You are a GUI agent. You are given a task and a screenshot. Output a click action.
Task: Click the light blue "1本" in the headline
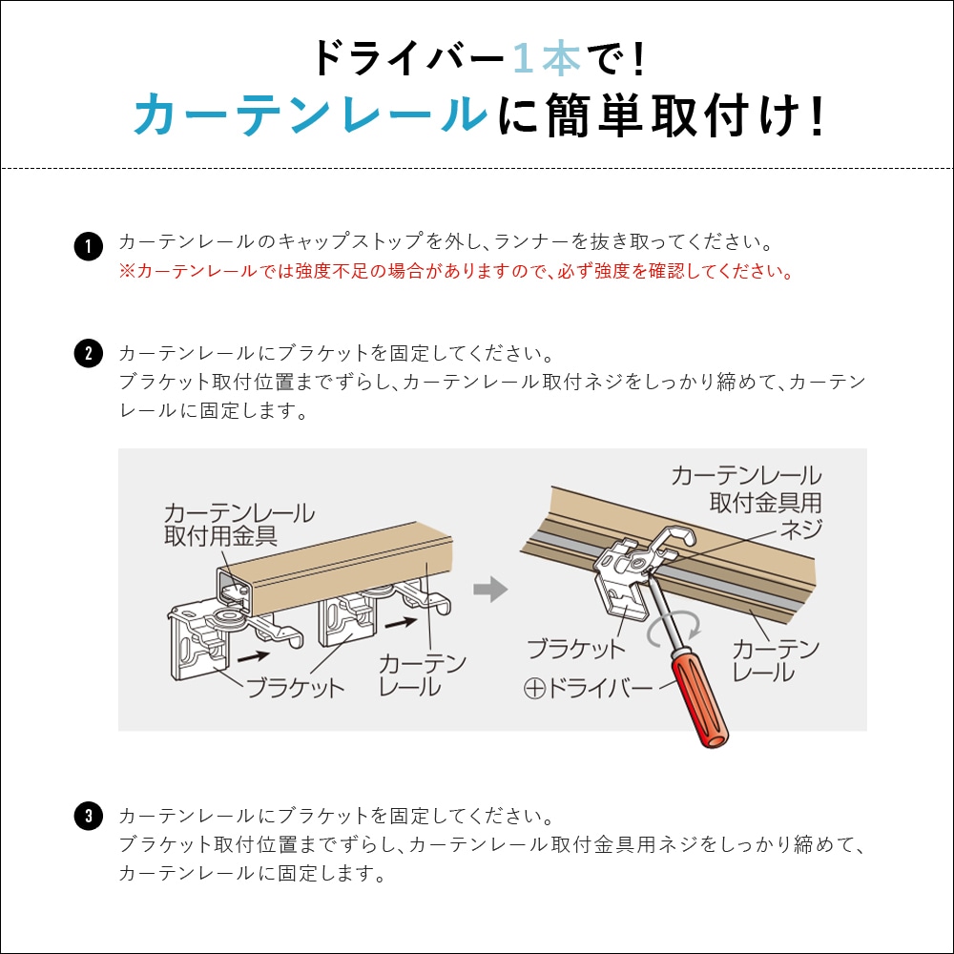(x=546, y=59)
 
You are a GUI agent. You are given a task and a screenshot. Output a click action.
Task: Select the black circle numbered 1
(x=88, y=248)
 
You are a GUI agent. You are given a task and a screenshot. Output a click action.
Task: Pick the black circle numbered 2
(x=88, y=355)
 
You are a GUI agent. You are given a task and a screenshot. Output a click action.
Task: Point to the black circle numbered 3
(x=88, y=818)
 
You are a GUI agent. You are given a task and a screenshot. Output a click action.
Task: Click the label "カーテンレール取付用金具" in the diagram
(x=238, y=525)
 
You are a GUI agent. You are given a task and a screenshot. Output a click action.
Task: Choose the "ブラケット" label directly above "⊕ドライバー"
(x=576, y=650)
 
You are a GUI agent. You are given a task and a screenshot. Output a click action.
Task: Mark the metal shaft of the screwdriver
(x=659, y=619)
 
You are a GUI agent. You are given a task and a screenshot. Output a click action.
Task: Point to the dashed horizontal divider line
(x=477, y=169)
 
